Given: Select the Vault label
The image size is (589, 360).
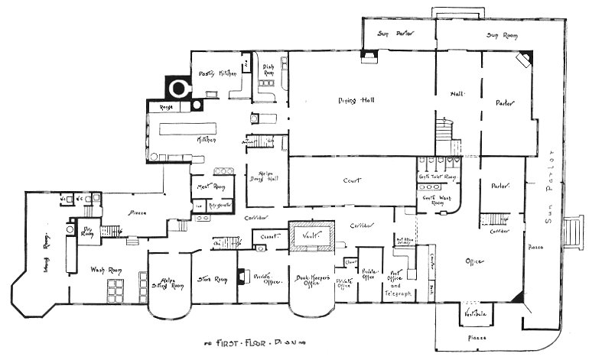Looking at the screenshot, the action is pos(311,236).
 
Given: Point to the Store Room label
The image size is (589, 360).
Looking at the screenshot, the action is pos(209,278).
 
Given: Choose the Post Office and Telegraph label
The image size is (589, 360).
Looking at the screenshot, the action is pos(401,284).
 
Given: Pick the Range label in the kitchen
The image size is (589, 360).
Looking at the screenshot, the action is pos(165,109).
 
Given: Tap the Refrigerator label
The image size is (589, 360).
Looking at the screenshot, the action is pos(222,205).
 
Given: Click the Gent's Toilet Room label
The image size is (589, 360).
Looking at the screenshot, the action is pos(438,178).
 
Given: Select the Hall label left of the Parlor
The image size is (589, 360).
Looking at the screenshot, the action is pos(457,94).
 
